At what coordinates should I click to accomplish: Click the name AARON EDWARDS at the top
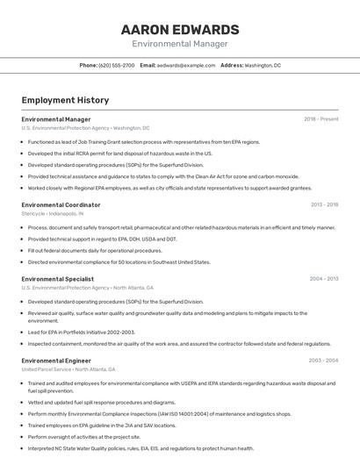click(x=179, y=29)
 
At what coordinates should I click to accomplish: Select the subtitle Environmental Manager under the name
click(x=179, y=44)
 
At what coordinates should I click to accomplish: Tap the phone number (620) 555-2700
click(x=117, y=65)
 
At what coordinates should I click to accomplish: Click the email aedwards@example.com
click(x=186, y=65)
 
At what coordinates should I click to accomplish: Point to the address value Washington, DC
click(x=263, y=65)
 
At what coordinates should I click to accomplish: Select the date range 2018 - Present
click(x=320, y=118)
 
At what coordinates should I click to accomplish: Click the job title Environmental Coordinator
click(x=61, y=204)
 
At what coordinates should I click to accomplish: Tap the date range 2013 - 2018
click(x=324, y=204)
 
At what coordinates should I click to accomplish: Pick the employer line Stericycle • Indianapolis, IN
click(x=53, y=213)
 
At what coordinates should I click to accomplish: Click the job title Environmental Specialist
click(x=57, y=279)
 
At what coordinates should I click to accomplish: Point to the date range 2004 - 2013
click(x=323, y=279)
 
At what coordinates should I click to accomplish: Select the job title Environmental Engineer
click(x=56, y=360)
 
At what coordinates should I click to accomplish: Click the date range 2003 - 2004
click(x=323, y=360)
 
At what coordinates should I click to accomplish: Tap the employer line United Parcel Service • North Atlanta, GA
click(x=72, y=369)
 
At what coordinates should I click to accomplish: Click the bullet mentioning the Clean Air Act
click(x=163, y=175)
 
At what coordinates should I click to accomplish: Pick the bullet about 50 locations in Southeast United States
click(x=119, y=261)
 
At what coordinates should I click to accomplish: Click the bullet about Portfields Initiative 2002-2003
click(x=83, y=332)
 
